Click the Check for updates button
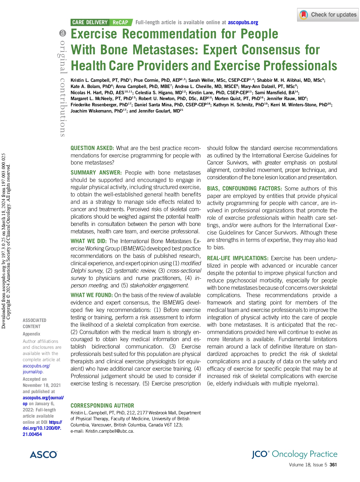click(328, 15)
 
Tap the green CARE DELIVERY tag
click(90, 22)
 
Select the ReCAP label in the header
click(120, 22)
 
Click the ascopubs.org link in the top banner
click(243, 22)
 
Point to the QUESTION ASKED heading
click(92, 148)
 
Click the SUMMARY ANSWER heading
click(96, 173)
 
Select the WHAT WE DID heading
click(89, 241)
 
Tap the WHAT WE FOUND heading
click(92, 295)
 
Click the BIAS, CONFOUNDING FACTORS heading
click(244, 189)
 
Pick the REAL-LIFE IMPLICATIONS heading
click(237, 258)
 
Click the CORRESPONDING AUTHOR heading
click(102, 406)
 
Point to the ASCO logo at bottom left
click(43, 455)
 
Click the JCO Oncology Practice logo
click(294, 454)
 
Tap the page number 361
click(333, 465)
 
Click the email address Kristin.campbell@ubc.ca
click(110, 431)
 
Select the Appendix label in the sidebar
click(31, 334)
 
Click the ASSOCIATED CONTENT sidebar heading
click(35, 323)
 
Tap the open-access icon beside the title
click(62, 34)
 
